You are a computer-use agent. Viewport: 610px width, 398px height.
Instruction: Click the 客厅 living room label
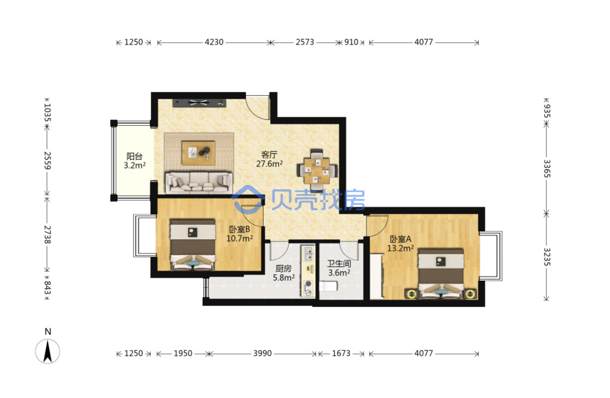click(x=269, y=155)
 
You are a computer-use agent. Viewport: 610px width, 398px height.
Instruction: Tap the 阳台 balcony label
click(x=135, y=156)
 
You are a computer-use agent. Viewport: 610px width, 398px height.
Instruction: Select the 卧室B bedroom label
click(x=239, y=229)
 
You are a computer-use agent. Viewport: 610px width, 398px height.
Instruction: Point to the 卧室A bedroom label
click(x=400, y=239)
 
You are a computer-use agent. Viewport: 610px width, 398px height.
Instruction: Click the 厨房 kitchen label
click(x=283, y=269)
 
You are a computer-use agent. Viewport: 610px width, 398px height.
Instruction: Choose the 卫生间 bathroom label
click(x=339, y=264)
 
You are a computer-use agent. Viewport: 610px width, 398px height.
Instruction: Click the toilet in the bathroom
click(x=328, y=286)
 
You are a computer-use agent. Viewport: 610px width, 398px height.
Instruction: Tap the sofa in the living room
click(x=199, y=182)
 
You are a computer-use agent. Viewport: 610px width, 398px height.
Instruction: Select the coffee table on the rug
click(x=199, y=153)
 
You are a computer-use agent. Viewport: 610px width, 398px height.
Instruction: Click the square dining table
click(x=317, y=171)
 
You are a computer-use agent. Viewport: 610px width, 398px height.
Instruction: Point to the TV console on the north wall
click(x=199, y=103)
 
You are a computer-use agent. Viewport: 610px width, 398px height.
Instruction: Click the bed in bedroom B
click(x=193, y=245)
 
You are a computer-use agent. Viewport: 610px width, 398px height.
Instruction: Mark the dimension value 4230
click(x=214, y=42)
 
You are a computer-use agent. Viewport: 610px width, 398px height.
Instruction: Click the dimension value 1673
click(x=341, y=353)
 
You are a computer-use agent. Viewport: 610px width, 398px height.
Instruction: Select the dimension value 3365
click(x=547, y=169)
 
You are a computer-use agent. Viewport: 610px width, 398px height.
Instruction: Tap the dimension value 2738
click(x=47, y=234)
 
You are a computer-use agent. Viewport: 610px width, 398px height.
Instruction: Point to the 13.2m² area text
click(x=400, y=248)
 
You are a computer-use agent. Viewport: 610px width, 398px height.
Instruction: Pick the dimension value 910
click(x=352, y=42)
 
